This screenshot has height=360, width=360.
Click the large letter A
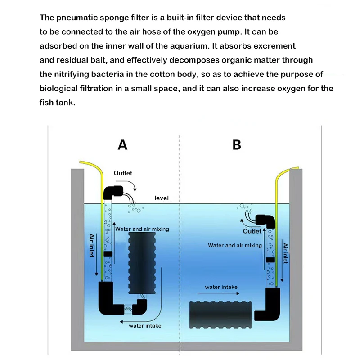point(122,144)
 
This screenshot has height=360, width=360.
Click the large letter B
point(237,144)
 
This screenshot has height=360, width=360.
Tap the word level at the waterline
point(162,198)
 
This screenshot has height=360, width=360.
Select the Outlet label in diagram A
point(123,173)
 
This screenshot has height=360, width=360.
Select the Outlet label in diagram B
point(252,231)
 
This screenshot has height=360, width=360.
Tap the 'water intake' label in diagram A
point(145,326)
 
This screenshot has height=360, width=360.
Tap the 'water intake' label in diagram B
point(221,287)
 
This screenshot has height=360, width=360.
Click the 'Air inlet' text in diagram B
point(285,253)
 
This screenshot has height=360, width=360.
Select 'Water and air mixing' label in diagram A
point(142,229)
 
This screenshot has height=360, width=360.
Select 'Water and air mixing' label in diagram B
point(234,245)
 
